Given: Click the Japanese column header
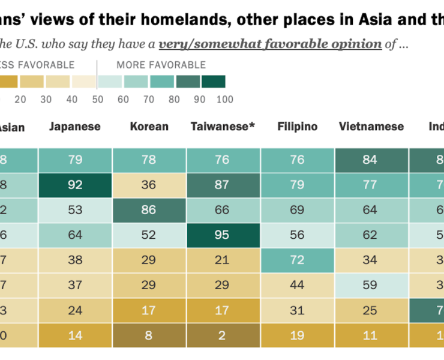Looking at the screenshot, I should coord(74,127).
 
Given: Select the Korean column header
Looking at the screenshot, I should coord(149,127).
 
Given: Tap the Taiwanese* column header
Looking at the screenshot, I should coord(223,127).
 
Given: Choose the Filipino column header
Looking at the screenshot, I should coord(297,127).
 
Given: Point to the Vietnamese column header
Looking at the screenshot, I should coord(371,127).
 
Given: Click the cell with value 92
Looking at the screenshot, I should coord(74,185).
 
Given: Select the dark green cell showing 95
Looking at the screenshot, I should coord(223,235).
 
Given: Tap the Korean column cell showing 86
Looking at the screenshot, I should coord(149,210).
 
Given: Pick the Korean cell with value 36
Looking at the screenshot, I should coord(149,185).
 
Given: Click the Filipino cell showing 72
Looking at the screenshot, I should coord(297,260).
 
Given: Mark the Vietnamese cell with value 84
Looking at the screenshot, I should coord(371,160).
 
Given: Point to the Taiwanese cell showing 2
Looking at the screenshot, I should coord(223,335).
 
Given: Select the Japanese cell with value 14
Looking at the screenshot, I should coord(74,335).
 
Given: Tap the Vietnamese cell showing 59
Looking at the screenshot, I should coord(371,285).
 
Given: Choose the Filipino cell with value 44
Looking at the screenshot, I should coord(297,285).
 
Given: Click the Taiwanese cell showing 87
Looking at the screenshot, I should coord(223,185).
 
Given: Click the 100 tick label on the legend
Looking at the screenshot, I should coord(224,100).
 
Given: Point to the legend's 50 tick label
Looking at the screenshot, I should coord(97,100).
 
